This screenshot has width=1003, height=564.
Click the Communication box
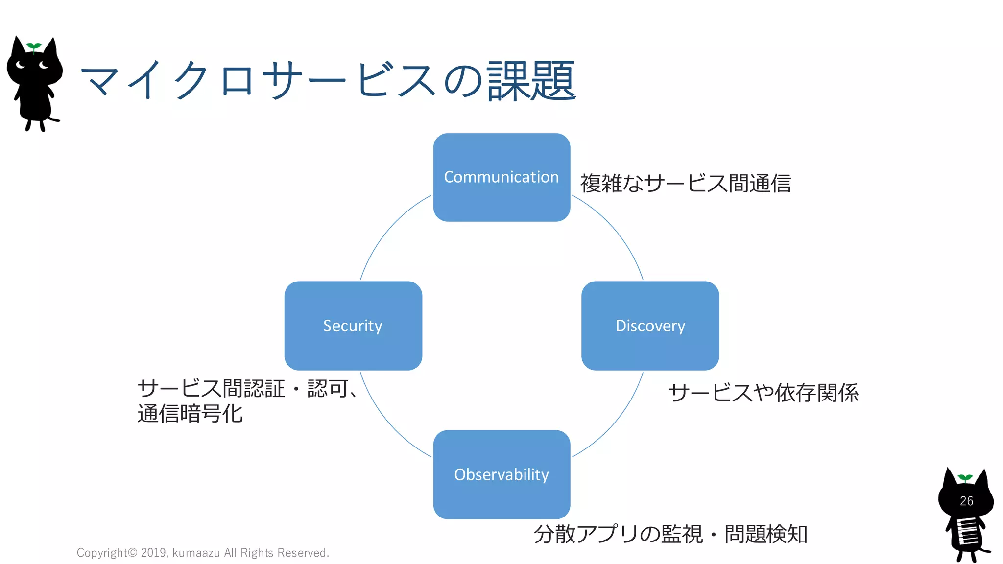tap(501, 177)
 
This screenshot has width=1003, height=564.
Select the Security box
tap(353, 326)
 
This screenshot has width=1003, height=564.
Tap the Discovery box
tap(650, 326)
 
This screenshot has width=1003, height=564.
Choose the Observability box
tap(501, 474)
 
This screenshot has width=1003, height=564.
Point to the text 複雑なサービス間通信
tap(685, 184)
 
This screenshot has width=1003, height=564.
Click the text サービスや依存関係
tap(763, 393)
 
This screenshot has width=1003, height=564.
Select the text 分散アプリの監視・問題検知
tap(670, 534)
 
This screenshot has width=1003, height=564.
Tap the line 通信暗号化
tap(190, 414)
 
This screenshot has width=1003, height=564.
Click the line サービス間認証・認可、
tap(247, 389)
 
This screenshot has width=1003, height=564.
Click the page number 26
tap(966, 501)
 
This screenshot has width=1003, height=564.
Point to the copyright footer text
tap(203, 553)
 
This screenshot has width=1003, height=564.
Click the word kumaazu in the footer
tap(196, 553)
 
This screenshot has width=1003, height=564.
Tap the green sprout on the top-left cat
tap(34, 47)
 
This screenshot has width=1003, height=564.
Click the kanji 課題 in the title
tap(531, 81)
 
